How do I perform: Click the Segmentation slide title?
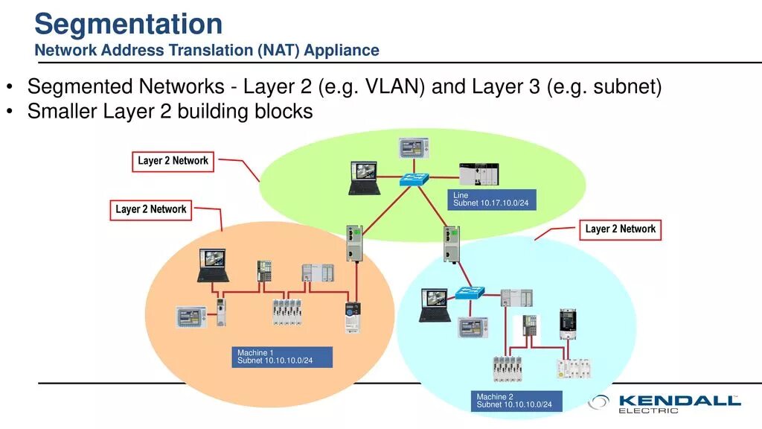click(128, 25)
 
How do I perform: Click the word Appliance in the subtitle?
click(342, 50)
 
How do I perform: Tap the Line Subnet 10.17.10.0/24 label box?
click(492, 200)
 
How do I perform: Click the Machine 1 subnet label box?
click(282, 357)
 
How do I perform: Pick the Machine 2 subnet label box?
click(516, 401)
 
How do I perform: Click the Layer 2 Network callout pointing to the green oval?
click(173, 162)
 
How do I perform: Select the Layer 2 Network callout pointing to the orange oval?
click(150, 210)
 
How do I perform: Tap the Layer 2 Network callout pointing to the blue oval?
click(620, 229)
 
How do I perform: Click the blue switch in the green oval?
click(414, 179)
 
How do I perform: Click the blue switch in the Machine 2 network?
click(470, 293)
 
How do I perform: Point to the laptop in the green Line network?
click(365, 179)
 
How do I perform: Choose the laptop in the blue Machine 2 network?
click(435, 305)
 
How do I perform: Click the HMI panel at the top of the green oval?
click(414, 148)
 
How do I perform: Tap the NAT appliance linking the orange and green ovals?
click(354, 244)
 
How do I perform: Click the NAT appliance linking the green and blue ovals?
click(452, 244)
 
